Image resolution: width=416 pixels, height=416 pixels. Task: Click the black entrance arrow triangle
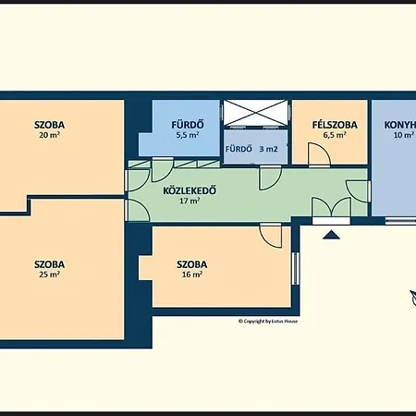[330, 235]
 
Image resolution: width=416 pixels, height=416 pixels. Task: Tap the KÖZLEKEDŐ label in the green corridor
[190, 190]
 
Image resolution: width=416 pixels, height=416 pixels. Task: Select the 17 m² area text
[189, 201]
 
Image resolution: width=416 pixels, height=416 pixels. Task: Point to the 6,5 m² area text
[334, 135]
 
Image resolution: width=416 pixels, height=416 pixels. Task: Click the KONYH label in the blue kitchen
[394, 124]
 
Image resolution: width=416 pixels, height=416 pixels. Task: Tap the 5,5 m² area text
[187, 135]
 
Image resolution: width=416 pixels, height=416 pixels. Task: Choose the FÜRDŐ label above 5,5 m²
[187, 124]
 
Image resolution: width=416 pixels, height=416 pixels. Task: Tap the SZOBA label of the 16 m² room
[192, 264]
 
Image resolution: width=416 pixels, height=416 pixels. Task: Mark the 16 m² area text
[191, 275]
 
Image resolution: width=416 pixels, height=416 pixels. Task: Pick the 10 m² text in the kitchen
[401, 135]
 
